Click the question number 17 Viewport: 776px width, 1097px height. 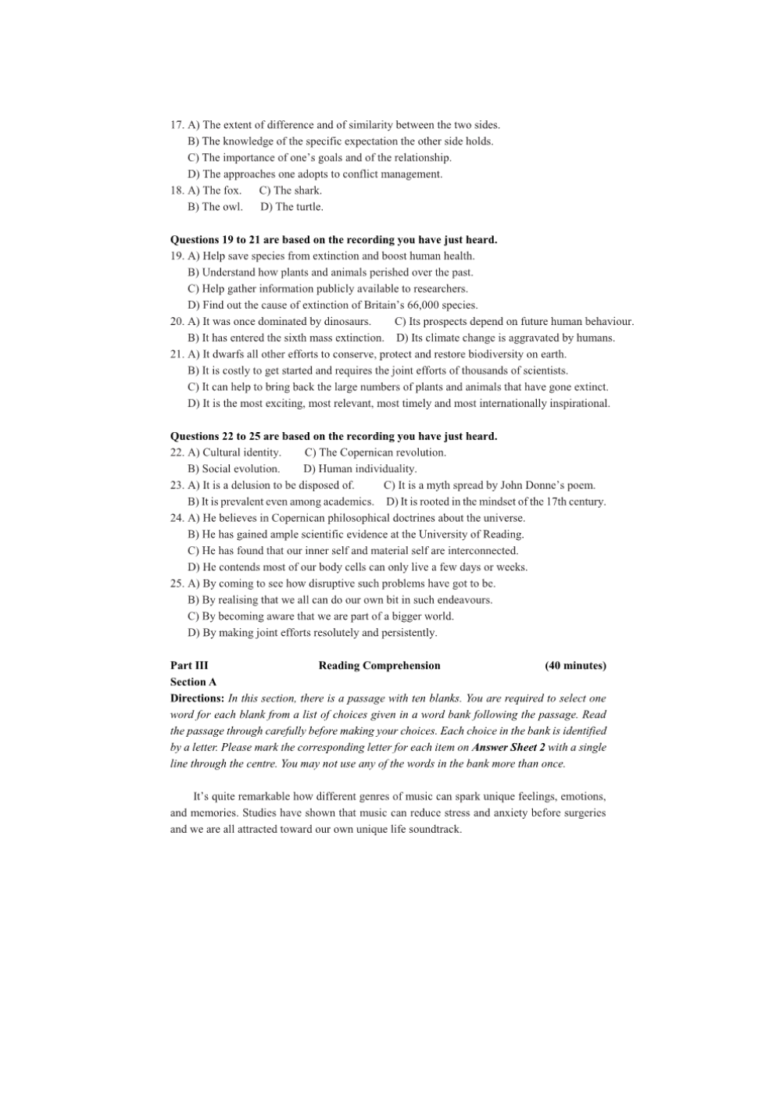pyautogui.click(x=177, y=125)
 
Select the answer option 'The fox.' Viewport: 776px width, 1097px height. pyautogui.click(x=222, y=191)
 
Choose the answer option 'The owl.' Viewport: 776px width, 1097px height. pyautogui.click(x=222, y=207)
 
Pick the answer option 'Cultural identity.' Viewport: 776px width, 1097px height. pyautogui.click(x=241, y=453)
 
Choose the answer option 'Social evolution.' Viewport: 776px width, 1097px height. pyautogui.click(x=241, y=470)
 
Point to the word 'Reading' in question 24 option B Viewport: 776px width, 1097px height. pyautogui.click(x=503, y=535)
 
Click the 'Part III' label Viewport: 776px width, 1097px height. pyautogui.click(x=189, y=666)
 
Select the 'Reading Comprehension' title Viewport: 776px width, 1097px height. pyautogui.click(x=379, y=666)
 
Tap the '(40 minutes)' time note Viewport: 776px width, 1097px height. pyautogui.click(x=575, y=666)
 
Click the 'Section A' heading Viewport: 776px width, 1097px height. pyautogui.click(x=193, y=682)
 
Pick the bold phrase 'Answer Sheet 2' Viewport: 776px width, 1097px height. pyautogui.click(x=509, y=748)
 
